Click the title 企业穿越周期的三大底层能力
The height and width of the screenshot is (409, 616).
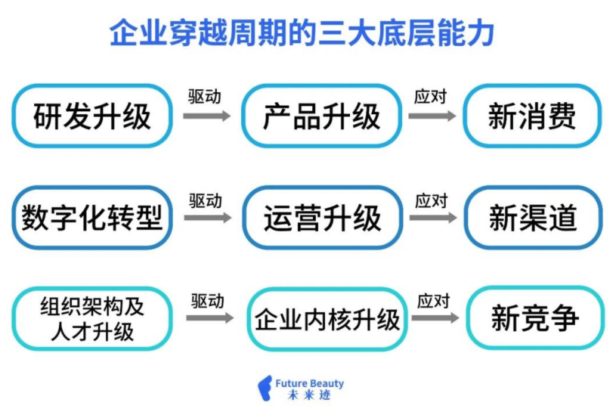click(302, 33)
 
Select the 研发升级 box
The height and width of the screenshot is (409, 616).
click(92, 116)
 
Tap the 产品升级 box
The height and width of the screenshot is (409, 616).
click(322, 116)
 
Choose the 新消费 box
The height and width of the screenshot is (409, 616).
click(532, 116)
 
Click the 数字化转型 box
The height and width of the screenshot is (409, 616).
click(92, 218)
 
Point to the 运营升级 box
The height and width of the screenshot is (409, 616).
click(323, 218)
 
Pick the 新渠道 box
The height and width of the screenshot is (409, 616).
click(533, 218)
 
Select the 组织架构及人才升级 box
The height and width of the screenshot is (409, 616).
click(92, 318)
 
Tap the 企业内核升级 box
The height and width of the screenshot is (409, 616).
click(327, 319)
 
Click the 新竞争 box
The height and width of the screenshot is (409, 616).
click(535, 318)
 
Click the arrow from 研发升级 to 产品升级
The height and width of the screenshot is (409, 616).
click(207, 116)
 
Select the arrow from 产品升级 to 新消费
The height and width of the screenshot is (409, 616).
click(432, 116)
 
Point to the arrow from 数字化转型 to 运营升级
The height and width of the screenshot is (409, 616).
click(208, 218)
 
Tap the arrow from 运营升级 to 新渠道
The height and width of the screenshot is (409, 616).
click(433, 218)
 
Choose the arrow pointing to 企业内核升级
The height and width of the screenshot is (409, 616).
click(210, 318)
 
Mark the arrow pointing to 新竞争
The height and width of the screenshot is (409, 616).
click(435, 318)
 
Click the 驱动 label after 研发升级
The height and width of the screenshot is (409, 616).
click(205, 97)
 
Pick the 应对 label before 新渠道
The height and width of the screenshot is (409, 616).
click(432, 201)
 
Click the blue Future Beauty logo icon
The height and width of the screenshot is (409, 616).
click(265, 388)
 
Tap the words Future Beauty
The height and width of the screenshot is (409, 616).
click(310, 383)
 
